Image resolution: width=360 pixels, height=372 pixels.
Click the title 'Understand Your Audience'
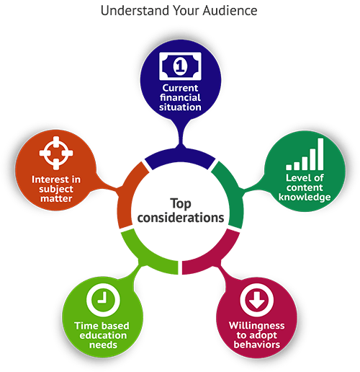click(179, 11)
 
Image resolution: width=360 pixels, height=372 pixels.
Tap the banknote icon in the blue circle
click(180, 66)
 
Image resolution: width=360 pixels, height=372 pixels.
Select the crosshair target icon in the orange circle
click(56, 153)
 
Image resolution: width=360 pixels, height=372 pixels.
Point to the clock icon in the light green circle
click(103, 300)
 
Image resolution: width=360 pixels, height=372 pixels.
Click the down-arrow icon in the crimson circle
click(257, 300)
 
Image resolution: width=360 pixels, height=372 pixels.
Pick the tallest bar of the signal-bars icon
click(320, 154)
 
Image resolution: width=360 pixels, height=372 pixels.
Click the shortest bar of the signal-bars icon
click(289, 167)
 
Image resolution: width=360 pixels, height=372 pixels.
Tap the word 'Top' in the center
click(181, 204)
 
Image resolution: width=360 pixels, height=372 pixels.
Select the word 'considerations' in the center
click(181, 218)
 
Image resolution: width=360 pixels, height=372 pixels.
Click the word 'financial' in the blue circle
click(180, 97)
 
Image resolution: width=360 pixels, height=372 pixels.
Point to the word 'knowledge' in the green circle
click(305, 198)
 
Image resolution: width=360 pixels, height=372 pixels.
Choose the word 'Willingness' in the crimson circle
click(257, 326)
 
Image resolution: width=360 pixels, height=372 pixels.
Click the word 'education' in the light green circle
click(103, 335)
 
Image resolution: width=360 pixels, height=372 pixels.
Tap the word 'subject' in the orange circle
click(56, 190)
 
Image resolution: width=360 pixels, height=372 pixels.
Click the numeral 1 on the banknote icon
click(180, 66)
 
